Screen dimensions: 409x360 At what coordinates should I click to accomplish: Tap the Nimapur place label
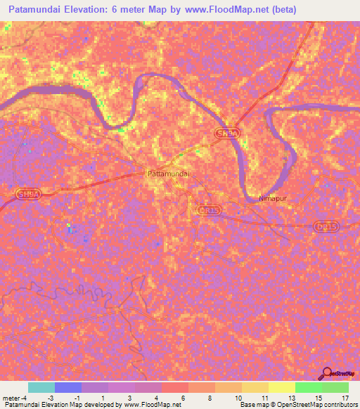coord(292,199)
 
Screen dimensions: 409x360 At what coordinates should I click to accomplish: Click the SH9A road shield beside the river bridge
coord(224,134)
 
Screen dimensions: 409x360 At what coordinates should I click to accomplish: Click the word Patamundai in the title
coord(41,10)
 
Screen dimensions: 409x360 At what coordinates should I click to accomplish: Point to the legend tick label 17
coord(345,397)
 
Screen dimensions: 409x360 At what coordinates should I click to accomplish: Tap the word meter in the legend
coord(11,397)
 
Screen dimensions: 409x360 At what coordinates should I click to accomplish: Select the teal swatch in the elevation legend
coord(41,387)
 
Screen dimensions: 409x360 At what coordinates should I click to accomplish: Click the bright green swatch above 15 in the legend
coord(308,387)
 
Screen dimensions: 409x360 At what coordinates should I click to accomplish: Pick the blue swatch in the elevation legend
coord(67,387)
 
